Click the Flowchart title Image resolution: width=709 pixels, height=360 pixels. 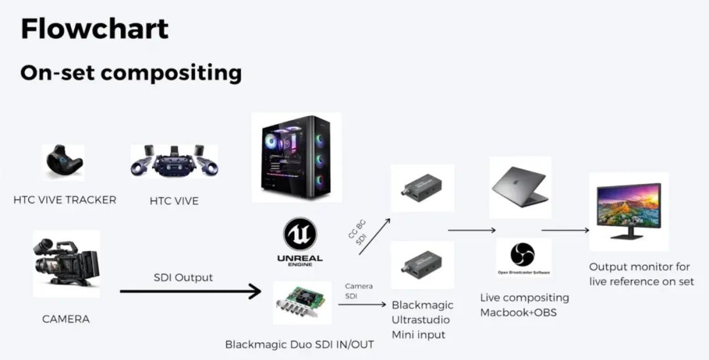click(x=95, y=30)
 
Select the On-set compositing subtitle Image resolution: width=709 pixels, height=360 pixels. click(x=131, y=72)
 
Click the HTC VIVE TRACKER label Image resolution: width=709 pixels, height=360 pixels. click(x=64, y=200)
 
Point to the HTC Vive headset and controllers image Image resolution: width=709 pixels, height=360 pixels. click(x=174, y=161)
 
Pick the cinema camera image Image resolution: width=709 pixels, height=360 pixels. click(x=66, y=263)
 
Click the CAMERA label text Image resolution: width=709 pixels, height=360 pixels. click(x=66, y=319)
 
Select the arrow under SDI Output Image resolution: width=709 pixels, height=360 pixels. click(x=190, y=290)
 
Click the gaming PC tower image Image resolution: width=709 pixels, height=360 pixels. click(x=296, y=158)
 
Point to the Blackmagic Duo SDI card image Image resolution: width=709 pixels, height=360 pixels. click(x=303, y=302)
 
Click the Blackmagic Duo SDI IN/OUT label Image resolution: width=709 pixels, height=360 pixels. click(x=299, y=344)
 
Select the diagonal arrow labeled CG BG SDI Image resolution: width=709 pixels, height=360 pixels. click(x=375, y=236)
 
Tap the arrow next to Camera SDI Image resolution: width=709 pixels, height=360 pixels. click(x=362, y=304)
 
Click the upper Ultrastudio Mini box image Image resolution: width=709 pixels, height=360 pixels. click(x=422, y=187)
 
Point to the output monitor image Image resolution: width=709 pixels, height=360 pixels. click(x=629, y=210)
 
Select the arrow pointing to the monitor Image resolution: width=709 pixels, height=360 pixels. click(x=565, y=231)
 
